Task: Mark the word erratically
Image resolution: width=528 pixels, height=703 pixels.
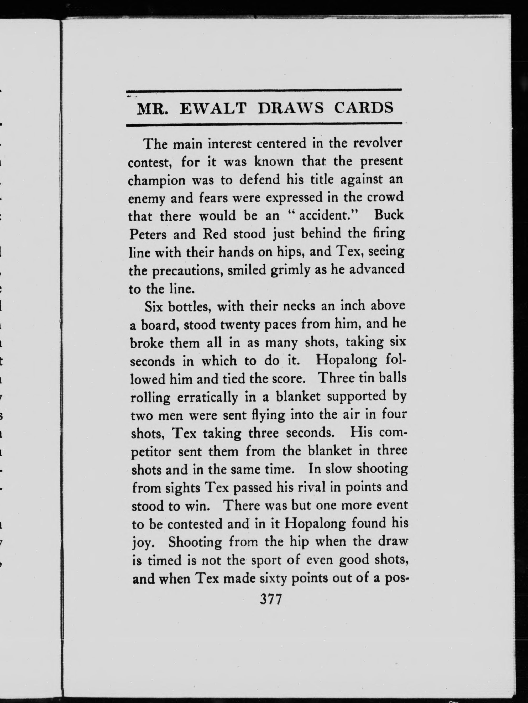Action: pyautogui.click(x=206, y=397)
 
